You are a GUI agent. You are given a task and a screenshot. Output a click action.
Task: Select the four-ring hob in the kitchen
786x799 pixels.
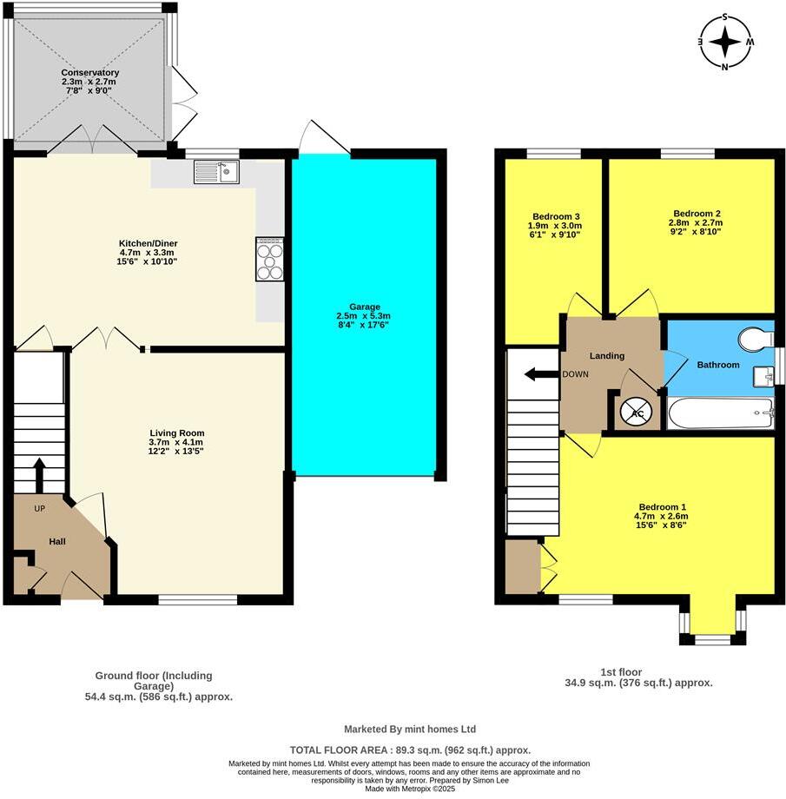(270, 259)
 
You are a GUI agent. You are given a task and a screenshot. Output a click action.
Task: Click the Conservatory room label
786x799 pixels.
(90, 73)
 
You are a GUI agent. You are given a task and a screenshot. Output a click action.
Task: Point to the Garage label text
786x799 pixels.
(365, 307)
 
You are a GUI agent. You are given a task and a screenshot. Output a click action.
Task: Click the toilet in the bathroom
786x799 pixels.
(754, 338)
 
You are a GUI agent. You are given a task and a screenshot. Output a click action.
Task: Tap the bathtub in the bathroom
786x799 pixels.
(720, 413)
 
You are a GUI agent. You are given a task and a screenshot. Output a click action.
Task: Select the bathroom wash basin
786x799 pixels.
(763, 375)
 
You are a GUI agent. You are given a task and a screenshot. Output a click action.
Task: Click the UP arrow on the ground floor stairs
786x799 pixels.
(39, 474)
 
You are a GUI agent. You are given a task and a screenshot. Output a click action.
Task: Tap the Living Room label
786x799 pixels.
(176, 433)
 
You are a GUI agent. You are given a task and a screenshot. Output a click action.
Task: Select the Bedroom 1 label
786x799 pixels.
(663, 507)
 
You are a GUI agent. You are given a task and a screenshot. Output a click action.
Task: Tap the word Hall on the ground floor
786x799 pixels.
(56, 542)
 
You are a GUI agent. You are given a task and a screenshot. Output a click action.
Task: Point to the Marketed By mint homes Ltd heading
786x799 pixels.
(410, 730)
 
